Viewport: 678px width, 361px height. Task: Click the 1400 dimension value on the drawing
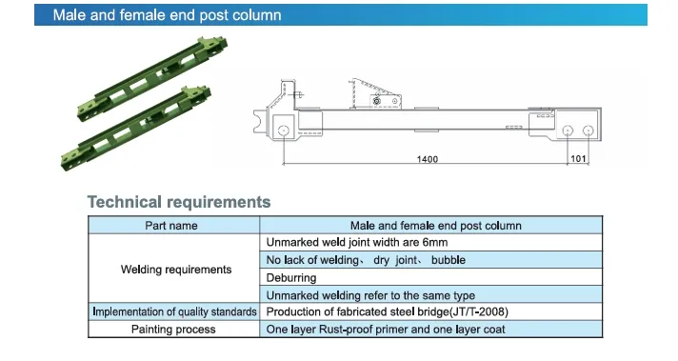pos(428,159)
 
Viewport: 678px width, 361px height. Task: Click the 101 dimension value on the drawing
pos(578,159)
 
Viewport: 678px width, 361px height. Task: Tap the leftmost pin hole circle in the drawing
pos(283,130)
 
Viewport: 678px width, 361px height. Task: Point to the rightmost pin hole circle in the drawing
pos(590,130)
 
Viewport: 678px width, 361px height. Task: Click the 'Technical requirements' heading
pos(179,202)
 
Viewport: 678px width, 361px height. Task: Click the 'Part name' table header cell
pos(171,226)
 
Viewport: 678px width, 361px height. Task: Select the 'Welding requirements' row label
pos(175,270)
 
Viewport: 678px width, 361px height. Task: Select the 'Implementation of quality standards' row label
pos(174,312)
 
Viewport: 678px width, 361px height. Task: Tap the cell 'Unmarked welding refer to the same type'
pos(370,295)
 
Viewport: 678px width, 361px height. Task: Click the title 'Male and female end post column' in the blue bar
pos(167,16)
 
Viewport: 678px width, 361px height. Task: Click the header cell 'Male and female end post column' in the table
pos(435,226)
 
